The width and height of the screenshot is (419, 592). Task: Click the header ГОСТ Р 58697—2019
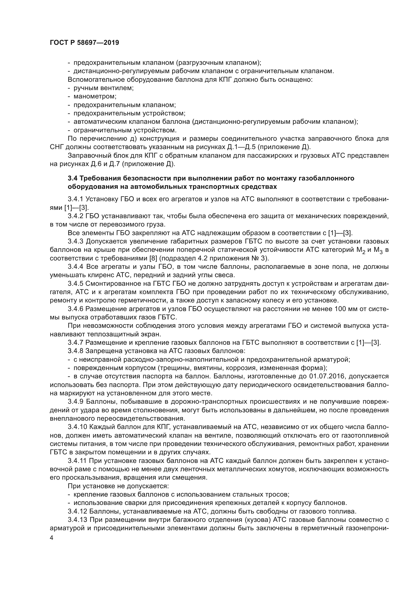click(x=84, y=43)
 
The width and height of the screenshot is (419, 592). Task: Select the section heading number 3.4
click(x=73, y=178)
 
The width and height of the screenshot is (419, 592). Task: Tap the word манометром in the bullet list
click(x=94, y=96)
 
